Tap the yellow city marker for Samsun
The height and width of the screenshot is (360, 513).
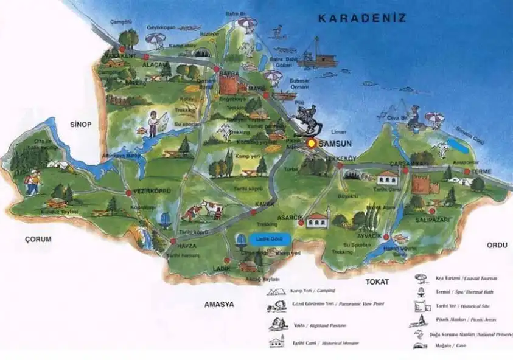click(x=312, y=144)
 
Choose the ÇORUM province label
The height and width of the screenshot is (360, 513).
click(x=38, y=238)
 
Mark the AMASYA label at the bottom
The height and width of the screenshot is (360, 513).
click(x=219, y=304)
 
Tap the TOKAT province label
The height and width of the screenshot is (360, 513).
click(x=377, y=282)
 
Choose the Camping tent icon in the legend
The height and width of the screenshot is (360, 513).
click(x=276, y=291)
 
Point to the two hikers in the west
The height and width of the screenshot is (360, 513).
click(x=32, y=182)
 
